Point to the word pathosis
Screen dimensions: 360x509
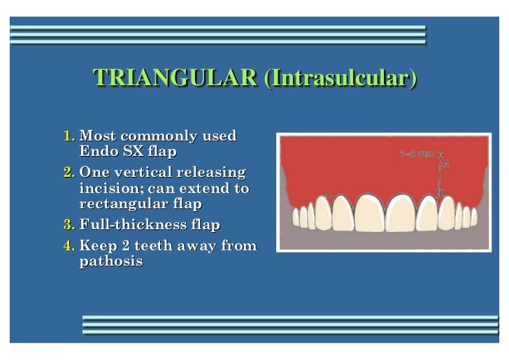[111, 261]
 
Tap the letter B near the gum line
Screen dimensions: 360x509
[442, 194]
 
